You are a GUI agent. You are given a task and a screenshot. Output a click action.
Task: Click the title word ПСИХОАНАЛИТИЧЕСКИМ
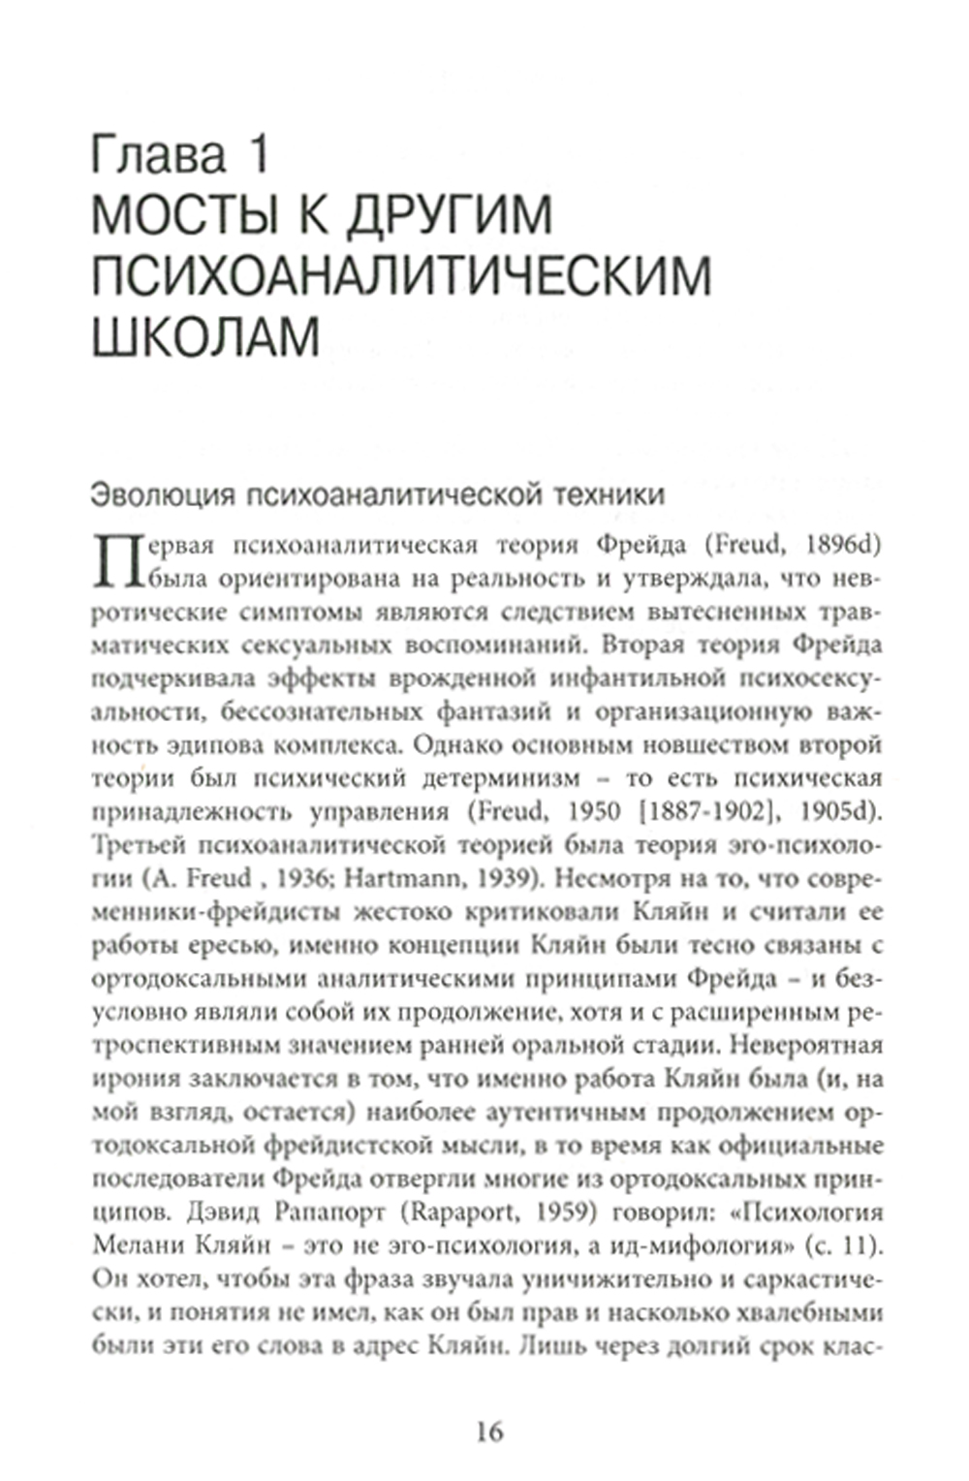coord(400,275)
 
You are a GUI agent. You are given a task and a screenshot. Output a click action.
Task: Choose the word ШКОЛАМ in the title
coord(205,335)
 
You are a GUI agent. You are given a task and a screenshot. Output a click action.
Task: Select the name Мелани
coord(140,1245)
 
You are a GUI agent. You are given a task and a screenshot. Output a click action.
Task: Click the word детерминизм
coord(497,778)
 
